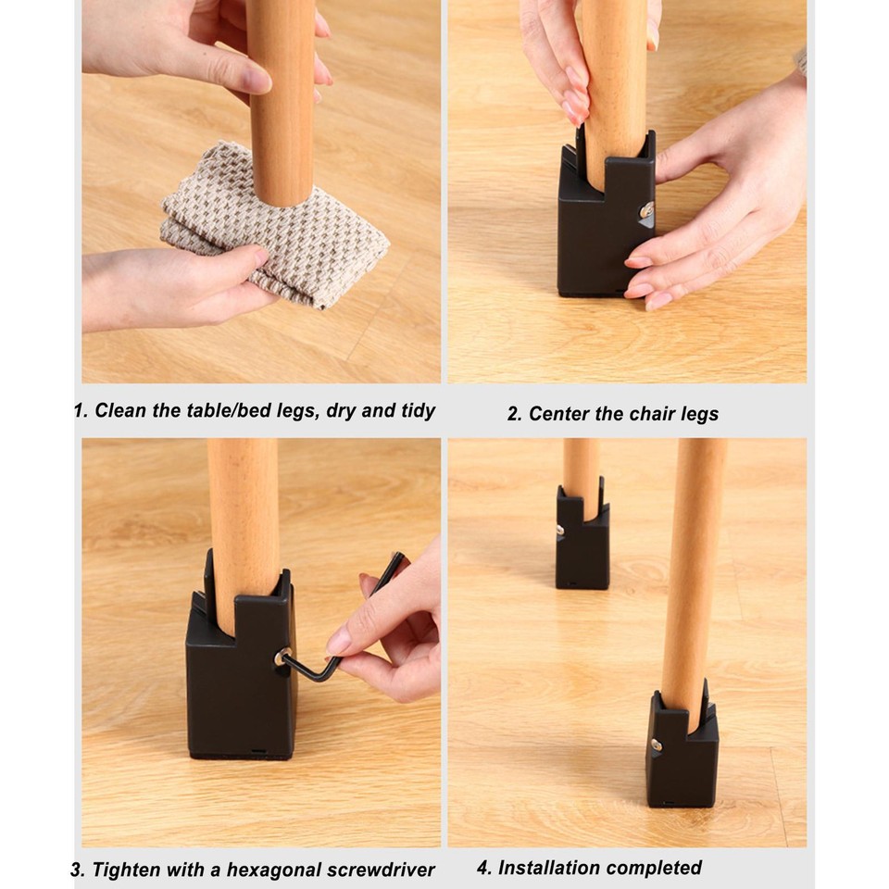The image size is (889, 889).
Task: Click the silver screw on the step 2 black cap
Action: [x=646, y=210]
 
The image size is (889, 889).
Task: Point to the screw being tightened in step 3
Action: [x=280, y=658]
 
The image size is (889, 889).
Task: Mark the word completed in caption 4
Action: [x=659, y=868]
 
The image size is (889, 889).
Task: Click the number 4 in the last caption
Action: [x=482, y=868]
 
